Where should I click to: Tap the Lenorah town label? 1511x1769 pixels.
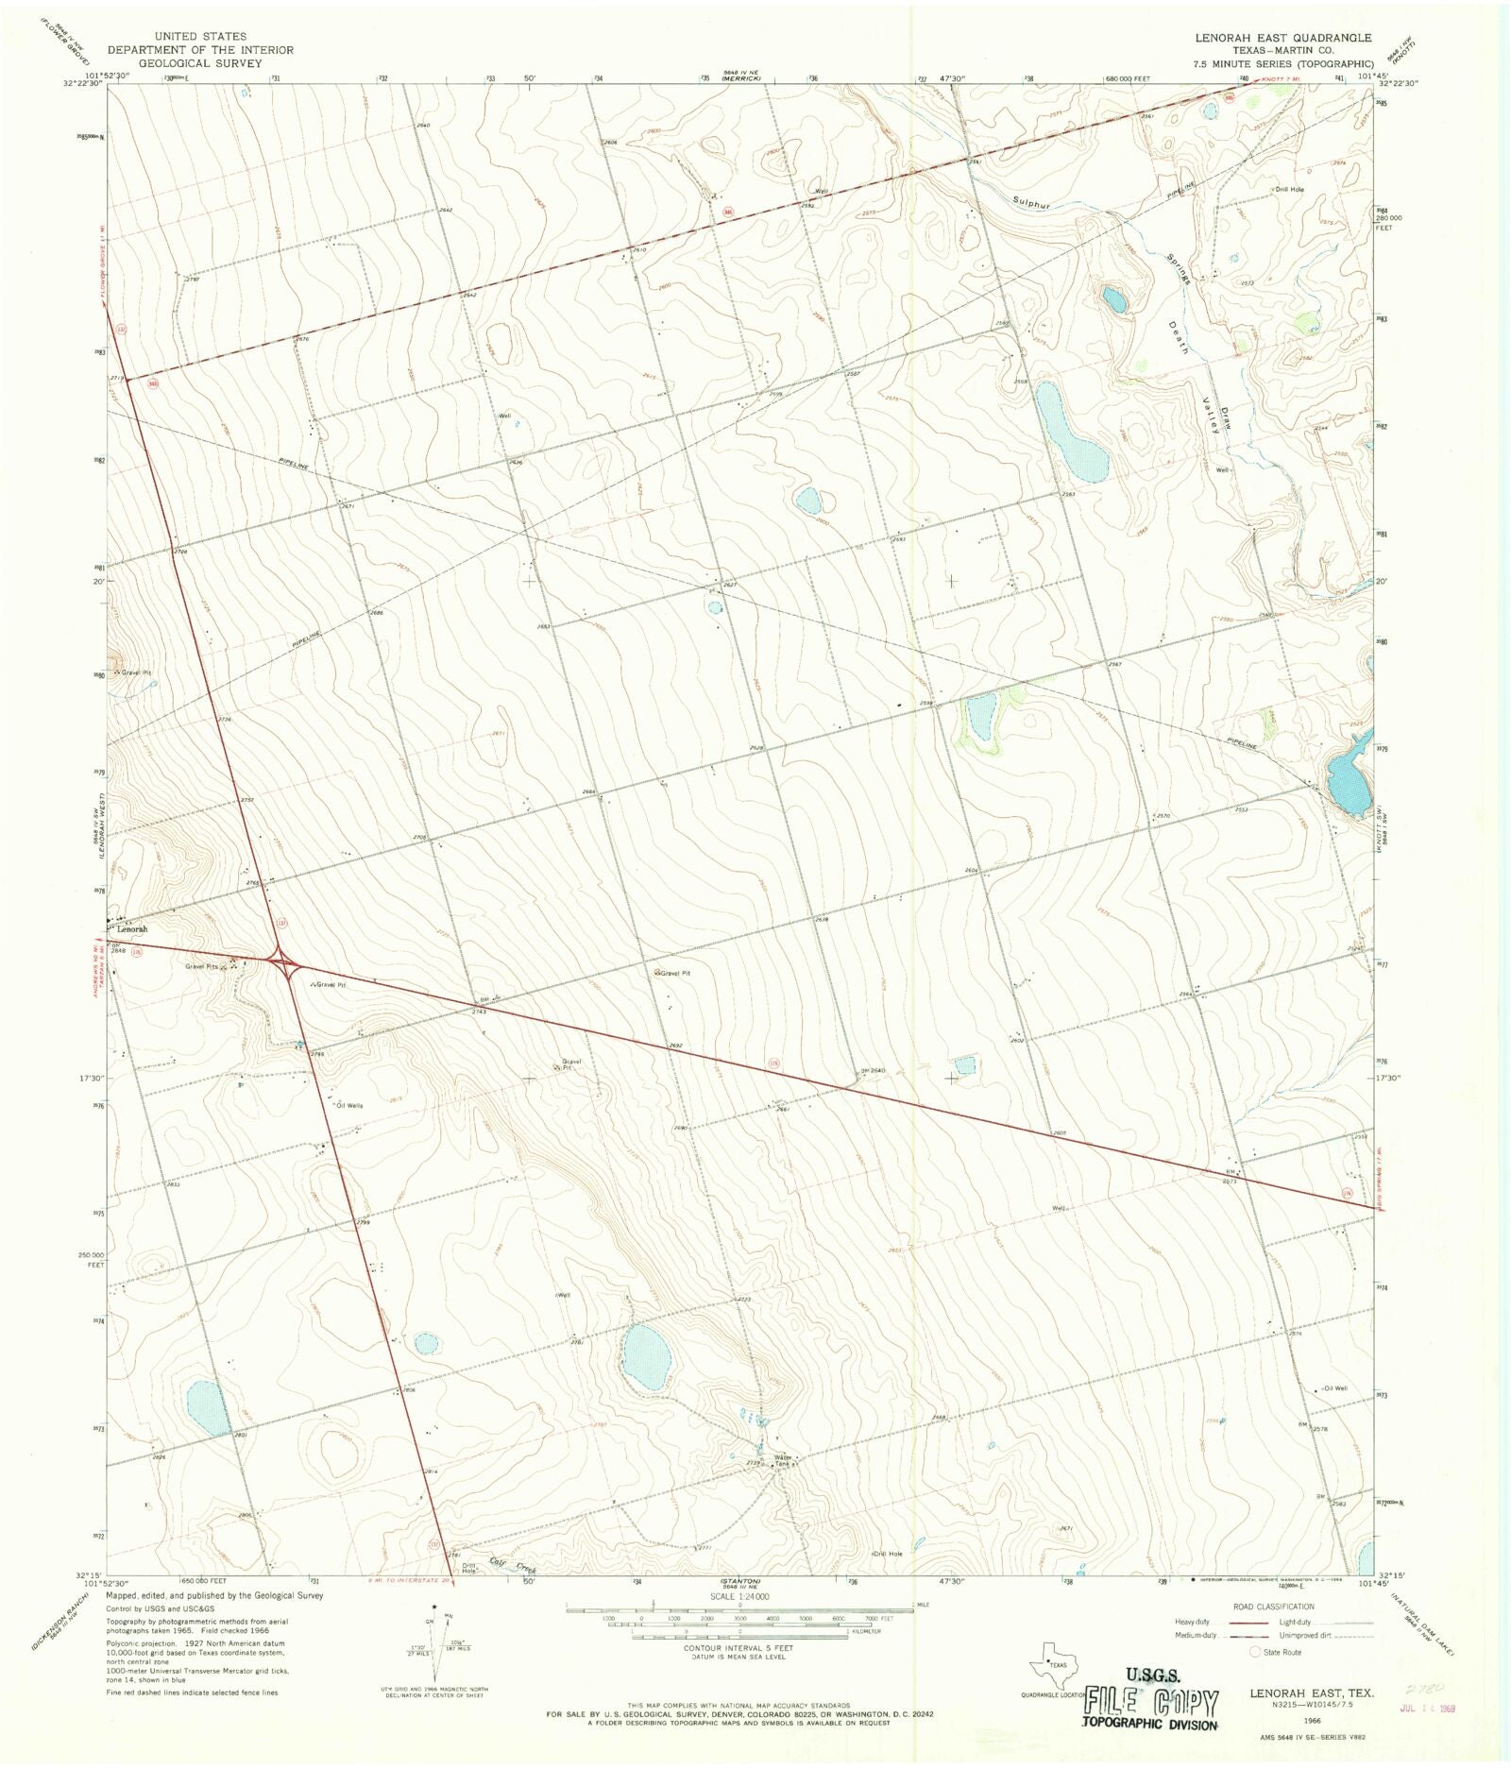(131, 929)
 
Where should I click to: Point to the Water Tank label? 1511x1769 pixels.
(783, 1461)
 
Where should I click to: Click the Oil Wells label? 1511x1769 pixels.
(348, 1105)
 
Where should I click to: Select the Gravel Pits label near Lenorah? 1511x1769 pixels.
(202, 966)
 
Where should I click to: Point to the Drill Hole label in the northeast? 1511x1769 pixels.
(1289, 190)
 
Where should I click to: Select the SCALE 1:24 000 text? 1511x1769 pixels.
(739, 1596)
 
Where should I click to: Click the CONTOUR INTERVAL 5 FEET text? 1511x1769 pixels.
(739, 1649)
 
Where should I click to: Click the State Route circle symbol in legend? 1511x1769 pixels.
(1255, 1652)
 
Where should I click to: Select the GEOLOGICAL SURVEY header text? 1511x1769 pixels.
(200, 63)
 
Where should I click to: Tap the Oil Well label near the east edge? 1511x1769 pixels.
(1335, 1388)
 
